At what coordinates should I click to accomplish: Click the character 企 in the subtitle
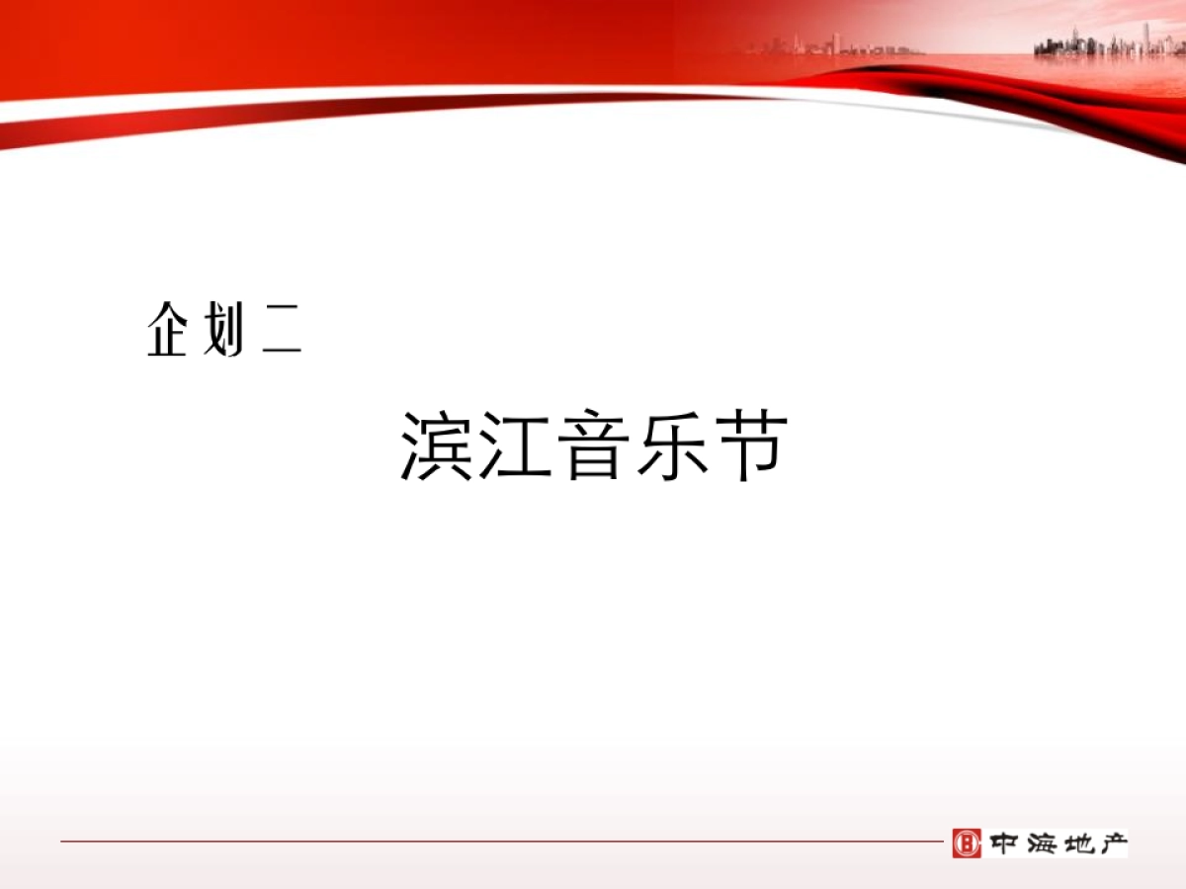(168, 330)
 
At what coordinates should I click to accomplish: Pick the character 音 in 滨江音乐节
(595, 446)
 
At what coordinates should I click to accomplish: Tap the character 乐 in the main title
(673, 446)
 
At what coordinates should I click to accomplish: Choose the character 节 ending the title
(751, 446)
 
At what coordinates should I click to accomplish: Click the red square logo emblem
(967, 843)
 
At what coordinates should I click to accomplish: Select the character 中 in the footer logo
(1003, 844)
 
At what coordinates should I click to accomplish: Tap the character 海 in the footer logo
(1041, 844)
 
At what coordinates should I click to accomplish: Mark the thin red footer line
(494, 842)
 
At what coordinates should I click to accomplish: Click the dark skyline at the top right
(1107, 44)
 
